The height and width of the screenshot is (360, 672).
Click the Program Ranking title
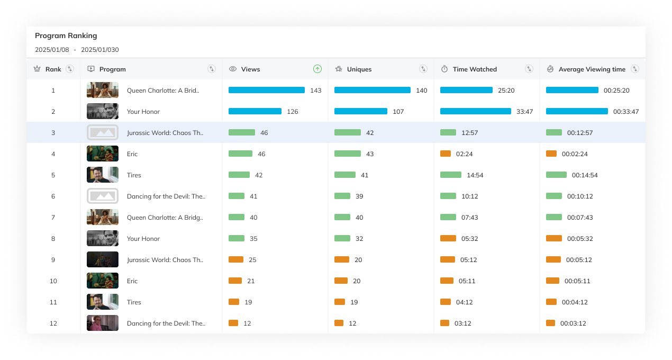pos(66,35)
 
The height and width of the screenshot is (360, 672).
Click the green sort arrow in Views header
pos(317,69)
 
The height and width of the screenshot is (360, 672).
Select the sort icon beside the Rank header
pos(70,69)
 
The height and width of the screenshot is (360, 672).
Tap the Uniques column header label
pos(359,69)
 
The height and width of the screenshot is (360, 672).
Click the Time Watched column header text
pos(475,69)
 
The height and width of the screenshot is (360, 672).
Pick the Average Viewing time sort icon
pos(635,69)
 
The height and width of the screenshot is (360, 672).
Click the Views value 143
pos(316,91)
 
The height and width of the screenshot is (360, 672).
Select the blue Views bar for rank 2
pos(255,112)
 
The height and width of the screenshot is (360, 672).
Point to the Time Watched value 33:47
pos(524,112)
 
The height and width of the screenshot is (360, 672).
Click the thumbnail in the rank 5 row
pos(103,175)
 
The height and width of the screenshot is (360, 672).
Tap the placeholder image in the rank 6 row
pos(103,196)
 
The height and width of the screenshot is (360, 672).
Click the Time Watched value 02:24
pos(464,154)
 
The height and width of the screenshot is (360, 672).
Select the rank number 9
pos(53,260)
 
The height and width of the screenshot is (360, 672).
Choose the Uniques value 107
pos(398,112)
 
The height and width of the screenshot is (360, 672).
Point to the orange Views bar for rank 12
pos(233,323)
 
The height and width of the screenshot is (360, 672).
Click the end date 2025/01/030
pos(100,50)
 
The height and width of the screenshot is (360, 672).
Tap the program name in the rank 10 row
pos(132,281)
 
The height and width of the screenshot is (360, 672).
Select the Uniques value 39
pos(359,196)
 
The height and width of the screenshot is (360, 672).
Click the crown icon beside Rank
pos(37,69)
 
